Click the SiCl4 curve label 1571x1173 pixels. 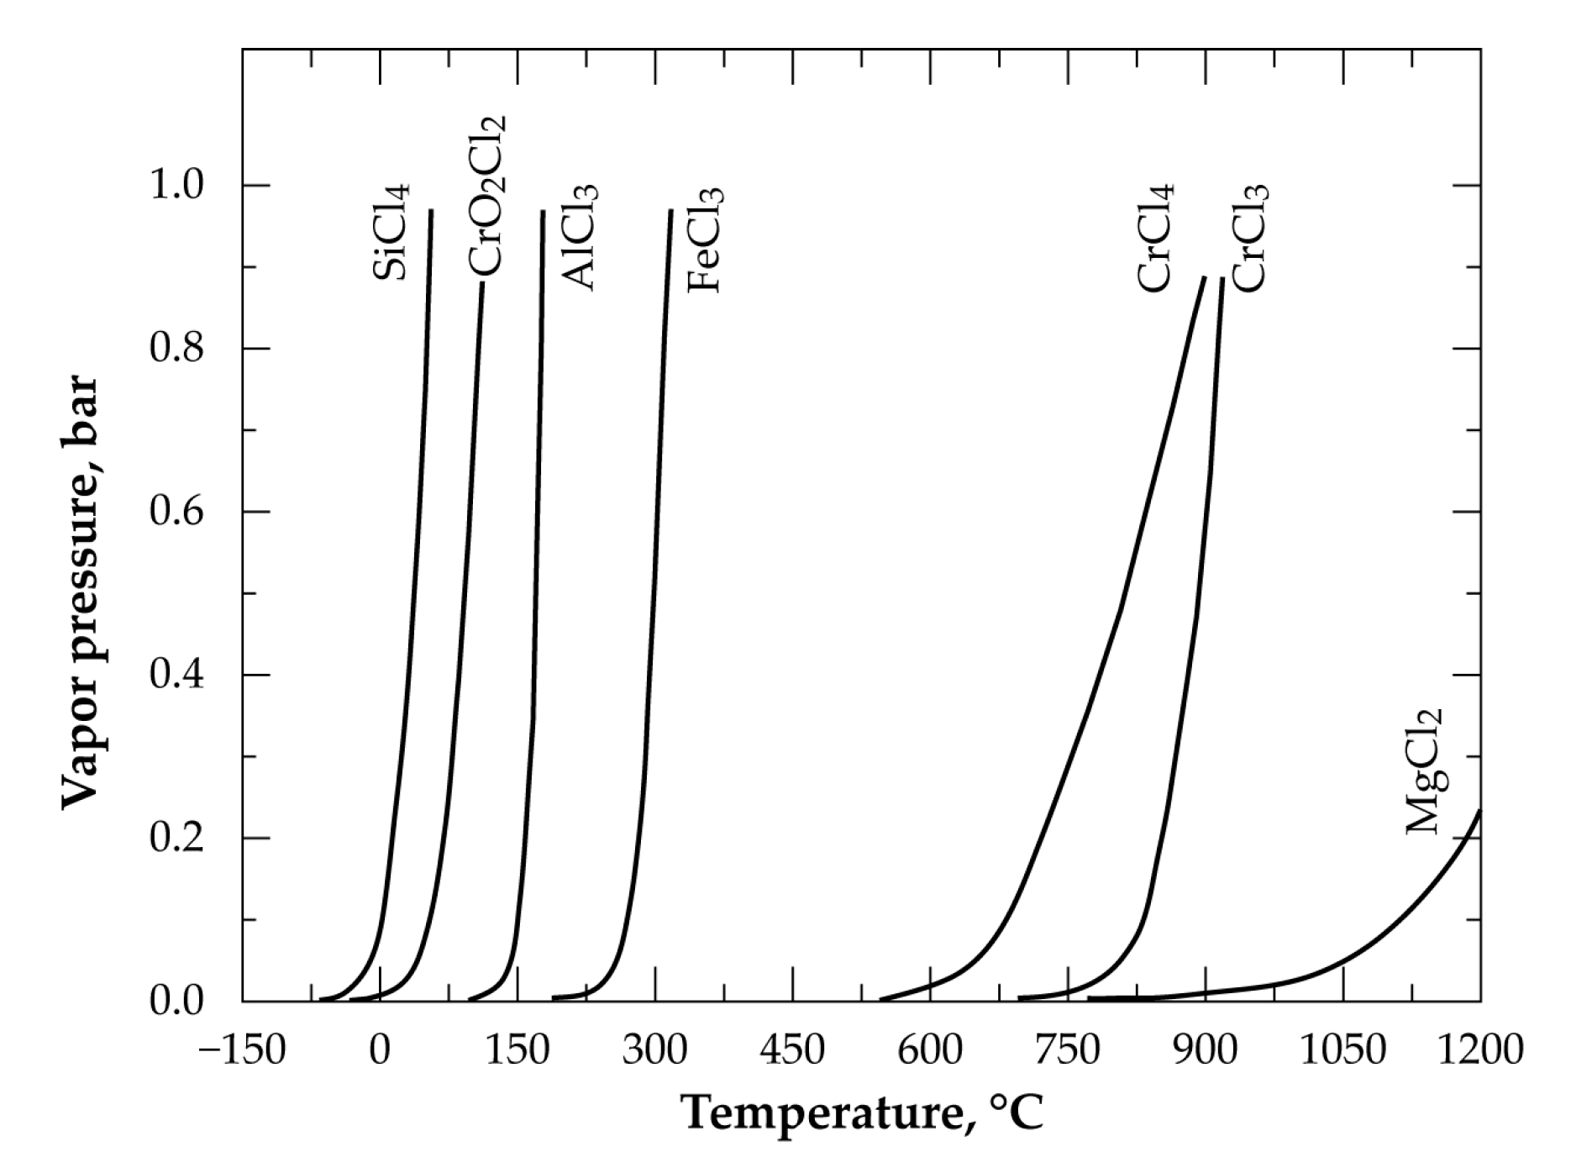click(391, 231)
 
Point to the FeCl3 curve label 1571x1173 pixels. click(705, 240)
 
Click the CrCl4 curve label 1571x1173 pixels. click(1155, 239)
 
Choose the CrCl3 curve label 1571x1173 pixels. click(1249, 239)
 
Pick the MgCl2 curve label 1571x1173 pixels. click(1424, 772)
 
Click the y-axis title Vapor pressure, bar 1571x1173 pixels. click(81, 592)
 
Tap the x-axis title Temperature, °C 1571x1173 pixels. click(862, 1113)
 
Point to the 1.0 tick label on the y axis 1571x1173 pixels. click(176, 185)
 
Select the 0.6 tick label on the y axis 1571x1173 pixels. click(176, 512)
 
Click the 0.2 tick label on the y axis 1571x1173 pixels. click(176, 838)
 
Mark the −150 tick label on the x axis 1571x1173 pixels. click(242, 1050)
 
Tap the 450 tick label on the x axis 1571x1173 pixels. click(792, 1050)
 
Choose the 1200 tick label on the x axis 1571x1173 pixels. click(1479, 1050)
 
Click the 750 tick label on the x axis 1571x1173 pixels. click(1067, 1050)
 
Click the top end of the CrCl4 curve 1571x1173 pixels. click(1205, 276)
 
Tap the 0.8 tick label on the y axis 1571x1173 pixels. click(176, 348)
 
